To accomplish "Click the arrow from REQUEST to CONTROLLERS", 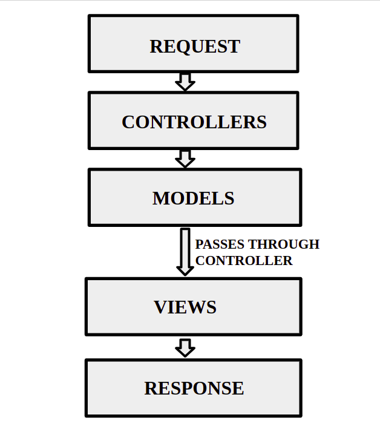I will pyautogui.click(x=185, y=82).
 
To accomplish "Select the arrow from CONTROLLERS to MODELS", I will pyautogui.click(x=185, y=159).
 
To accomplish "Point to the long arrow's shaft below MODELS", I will pyautogui.click(x=185, y=245).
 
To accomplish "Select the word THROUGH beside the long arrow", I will pyautogui.click(x=284, y=244).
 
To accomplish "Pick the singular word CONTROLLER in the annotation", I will pyautogui.click(x=244, y=261).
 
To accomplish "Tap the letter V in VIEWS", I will pyautogui.click(x=160, y=307).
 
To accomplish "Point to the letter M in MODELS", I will pyautogui.click(x=160, y=198).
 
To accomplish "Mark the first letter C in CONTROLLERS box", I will pyautogui.click(x=128, y=122).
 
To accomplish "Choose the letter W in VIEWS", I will pyautogui.click(x=193, y=307).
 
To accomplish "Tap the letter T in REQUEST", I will pyautogui.click(x=234, y=47).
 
